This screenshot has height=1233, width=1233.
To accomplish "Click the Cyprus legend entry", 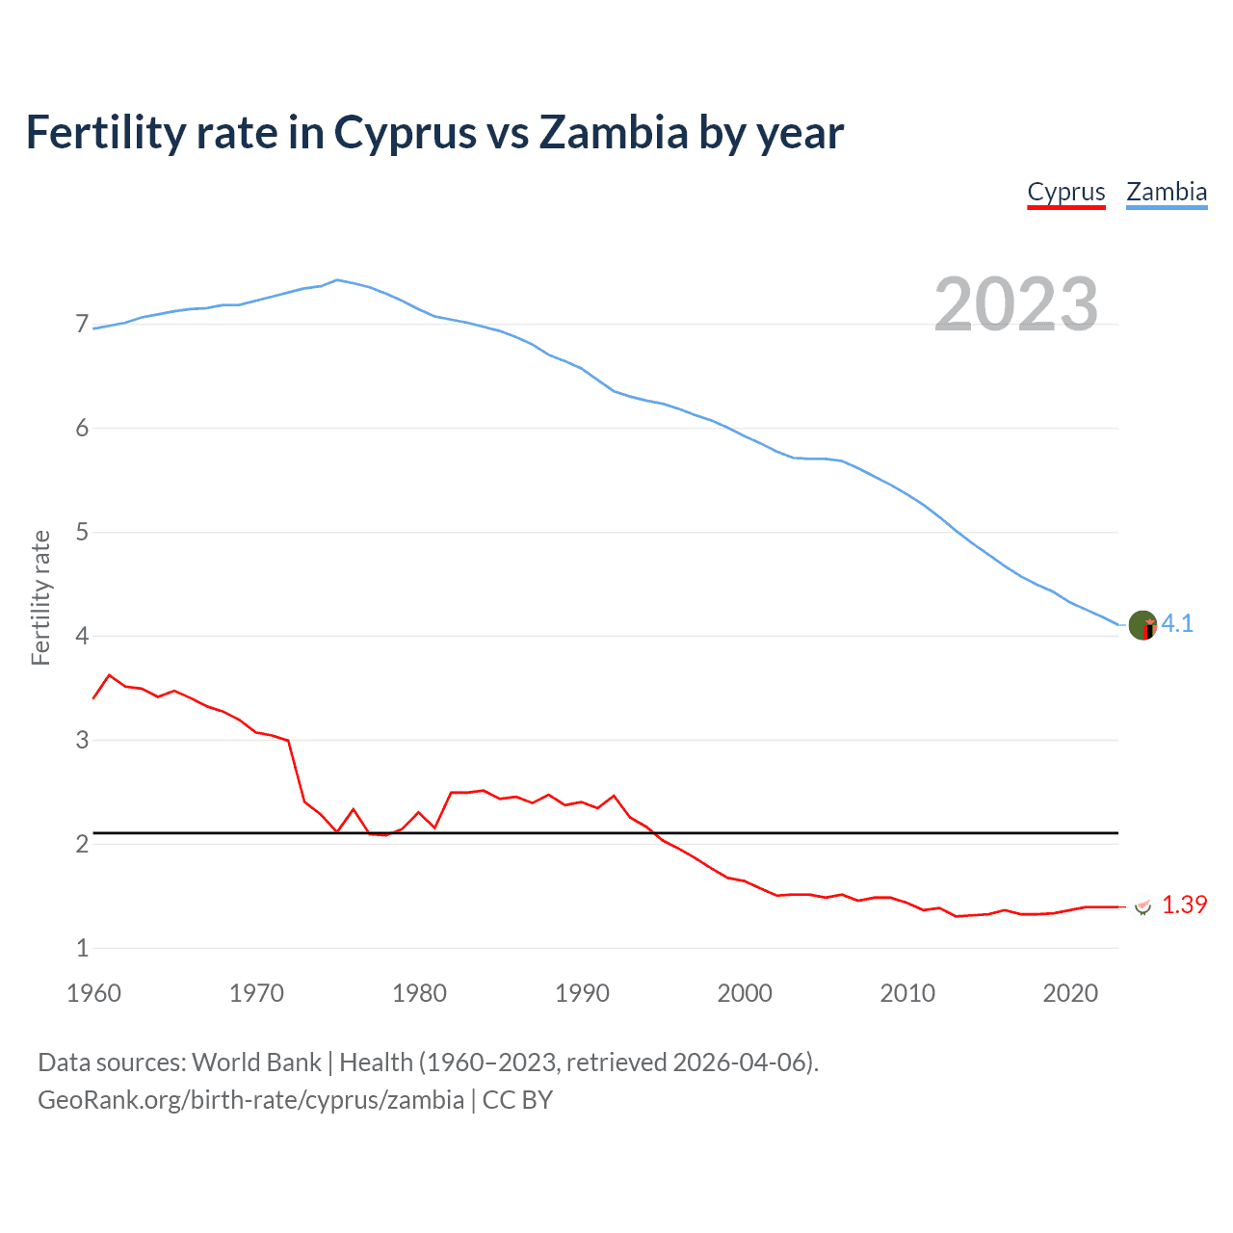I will pos(1065,192).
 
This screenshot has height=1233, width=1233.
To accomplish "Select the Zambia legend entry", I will pos(1167,192).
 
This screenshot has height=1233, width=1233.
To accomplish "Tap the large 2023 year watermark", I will pos(1016,304).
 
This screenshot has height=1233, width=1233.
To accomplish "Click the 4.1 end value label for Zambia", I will pos(1177,624).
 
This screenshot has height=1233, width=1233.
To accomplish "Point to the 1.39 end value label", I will pos(1184,905).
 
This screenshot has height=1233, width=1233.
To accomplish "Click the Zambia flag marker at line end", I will pos(1142,625).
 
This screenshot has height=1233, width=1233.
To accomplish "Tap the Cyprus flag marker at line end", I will pos(1142,906).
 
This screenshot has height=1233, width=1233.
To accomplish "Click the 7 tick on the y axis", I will pos(82,325).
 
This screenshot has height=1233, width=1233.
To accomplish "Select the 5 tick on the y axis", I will pos(82,533).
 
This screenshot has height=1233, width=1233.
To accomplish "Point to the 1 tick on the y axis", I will pos(82,949).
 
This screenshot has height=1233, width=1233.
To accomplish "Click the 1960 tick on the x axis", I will pos(93,993).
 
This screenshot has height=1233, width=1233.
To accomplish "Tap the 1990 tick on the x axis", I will pos(582,993).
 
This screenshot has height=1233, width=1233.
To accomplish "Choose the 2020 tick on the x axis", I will pos(1070,993).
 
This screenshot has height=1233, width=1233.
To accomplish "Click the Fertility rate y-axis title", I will pos(40,597).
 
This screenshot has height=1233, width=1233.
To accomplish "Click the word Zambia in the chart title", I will pos(613,133).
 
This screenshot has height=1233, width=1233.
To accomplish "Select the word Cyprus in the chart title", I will pos(405,133).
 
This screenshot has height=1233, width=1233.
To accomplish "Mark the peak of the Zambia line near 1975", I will pos(336,279).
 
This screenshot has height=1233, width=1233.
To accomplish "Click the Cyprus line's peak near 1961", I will pos(109,675).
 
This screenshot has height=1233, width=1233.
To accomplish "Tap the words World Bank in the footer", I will pos(256,1062).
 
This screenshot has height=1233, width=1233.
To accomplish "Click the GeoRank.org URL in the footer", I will pos(250,1100).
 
